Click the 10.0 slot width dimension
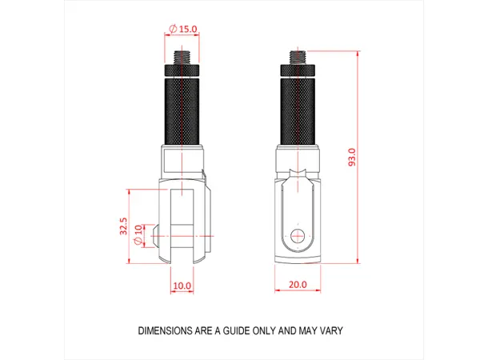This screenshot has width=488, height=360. [x=182, y=285]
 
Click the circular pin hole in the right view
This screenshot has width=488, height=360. [x=298, y=235]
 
